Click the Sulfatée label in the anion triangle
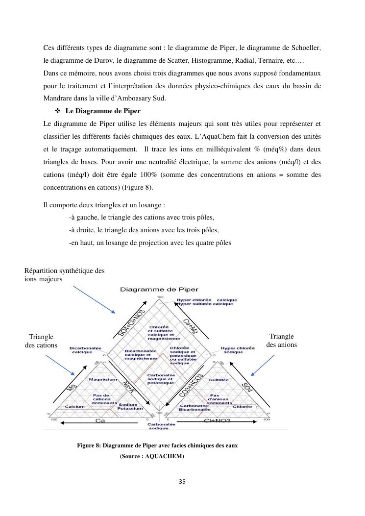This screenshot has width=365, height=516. pyautogui.click(x=219, y=380)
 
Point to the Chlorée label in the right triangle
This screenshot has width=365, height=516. pyautogui.click(x=243, y=407)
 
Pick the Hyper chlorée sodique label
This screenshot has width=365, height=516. pyautogui.click(x=238, y=350)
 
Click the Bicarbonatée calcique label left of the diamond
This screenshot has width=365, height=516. pyautogui.click(x=85, y=350)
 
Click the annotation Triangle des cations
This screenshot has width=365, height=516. pyautogui.click(x=41, y=341)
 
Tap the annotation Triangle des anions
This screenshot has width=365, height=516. pyautogui.click(x=282, y=341)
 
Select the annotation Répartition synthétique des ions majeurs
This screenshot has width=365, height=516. pyautogui.click(x=64, y=274)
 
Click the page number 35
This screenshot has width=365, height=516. pyautogui.click(x=182, y=481)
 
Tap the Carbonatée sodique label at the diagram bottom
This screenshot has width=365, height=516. pyautogui.click(x=159, y=426)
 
